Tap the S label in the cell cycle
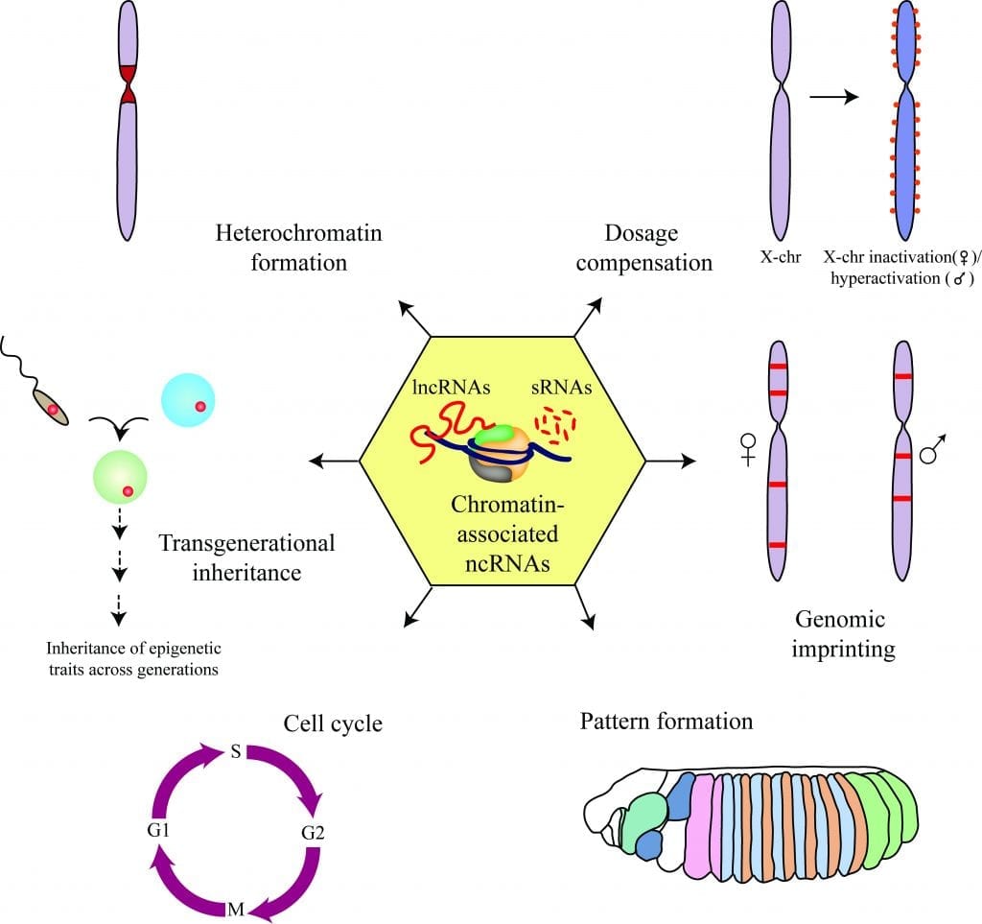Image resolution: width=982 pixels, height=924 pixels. (235, 751)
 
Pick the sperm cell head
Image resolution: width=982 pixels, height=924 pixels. (53, 407)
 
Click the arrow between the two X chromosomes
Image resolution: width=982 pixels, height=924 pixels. (833, 97)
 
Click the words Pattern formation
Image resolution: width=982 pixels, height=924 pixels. (666, 721)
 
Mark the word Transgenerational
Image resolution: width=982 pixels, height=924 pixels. (246, 543)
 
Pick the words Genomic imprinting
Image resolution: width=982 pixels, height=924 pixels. (843, 633)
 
